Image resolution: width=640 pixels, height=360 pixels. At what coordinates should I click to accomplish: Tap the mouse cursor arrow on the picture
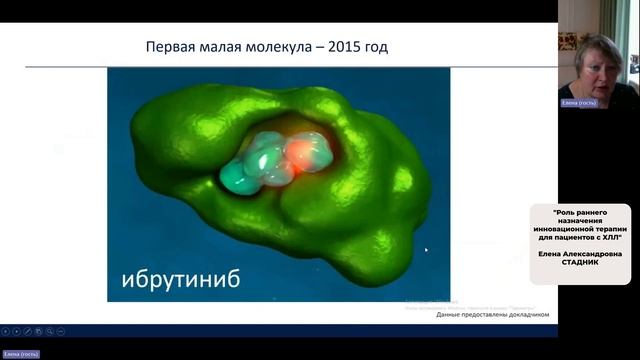coord(425,250)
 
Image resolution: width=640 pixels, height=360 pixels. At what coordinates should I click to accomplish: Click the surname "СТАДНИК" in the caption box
coord(580,263)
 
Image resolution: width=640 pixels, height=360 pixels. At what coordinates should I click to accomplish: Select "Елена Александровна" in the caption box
coord(580,254)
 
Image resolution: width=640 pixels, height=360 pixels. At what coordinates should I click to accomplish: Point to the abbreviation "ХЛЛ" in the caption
coord(613,236)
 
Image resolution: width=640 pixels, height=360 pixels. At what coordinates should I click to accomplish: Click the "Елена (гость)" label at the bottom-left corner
coord(21,354)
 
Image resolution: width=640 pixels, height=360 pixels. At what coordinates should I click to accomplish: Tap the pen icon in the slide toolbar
coord(27,330)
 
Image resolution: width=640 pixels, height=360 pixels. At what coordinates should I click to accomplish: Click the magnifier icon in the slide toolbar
coord(50,330)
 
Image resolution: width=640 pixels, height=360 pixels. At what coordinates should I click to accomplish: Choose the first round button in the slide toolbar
coord(5,330)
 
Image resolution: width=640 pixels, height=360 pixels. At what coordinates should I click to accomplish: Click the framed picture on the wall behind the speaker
coord(567,40)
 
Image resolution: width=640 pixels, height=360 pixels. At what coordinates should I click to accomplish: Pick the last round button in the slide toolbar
coord(61,330)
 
